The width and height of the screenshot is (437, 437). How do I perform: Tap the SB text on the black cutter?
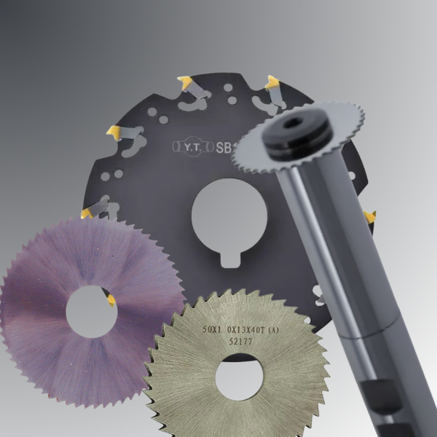(x=225, y=147)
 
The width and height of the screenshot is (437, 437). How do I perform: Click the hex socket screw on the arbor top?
(x=294, y=123)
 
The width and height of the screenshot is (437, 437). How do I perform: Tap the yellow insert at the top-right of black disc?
(x=272, y=82)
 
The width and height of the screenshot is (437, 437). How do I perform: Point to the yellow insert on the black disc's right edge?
(x=370, y=216)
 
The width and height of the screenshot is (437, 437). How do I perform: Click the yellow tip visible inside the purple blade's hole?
(x=111, y=300)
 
